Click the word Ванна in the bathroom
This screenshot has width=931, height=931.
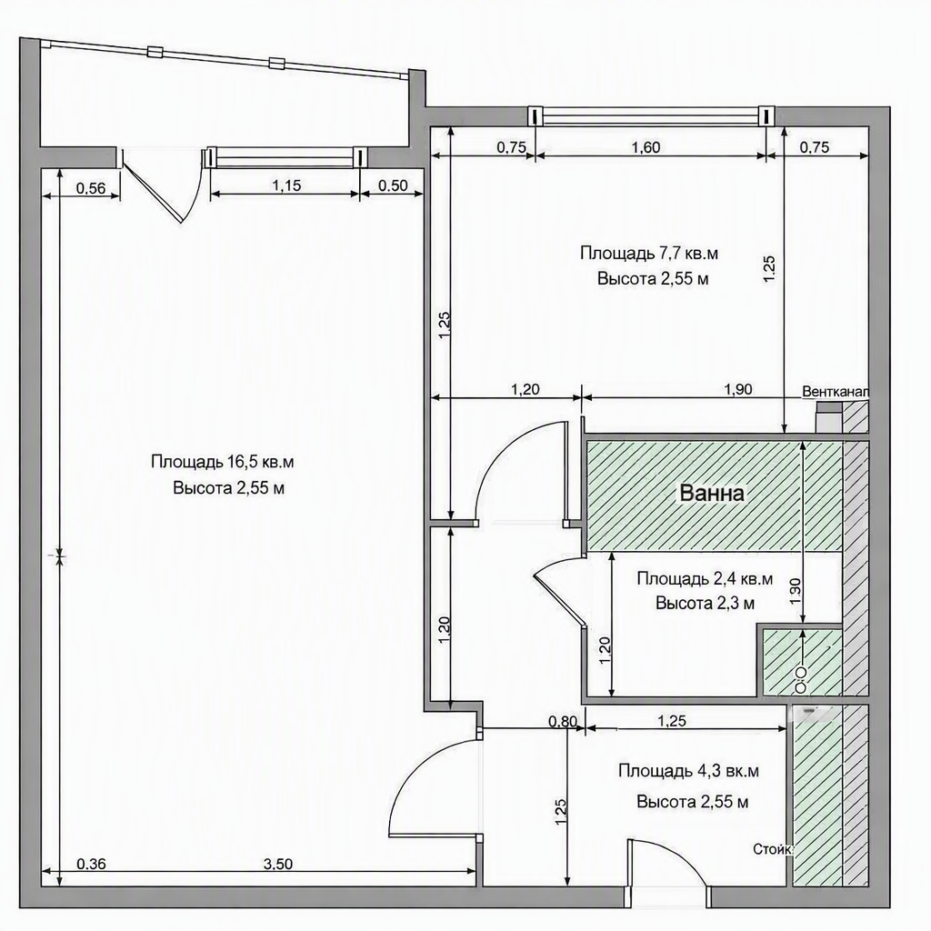[x=711, y=494]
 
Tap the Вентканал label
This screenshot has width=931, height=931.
[x=836, y=393]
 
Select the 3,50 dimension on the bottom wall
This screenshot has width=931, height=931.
[x=278, y=864]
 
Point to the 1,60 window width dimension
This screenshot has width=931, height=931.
[x=646, y=146]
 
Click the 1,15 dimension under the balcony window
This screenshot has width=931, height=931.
[x=286, y=185]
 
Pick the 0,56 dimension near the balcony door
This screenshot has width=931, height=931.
[x=91, y=188]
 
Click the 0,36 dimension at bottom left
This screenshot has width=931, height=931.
[x=92, y=864]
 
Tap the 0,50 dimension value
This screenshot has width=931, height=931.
[x=393, y=185]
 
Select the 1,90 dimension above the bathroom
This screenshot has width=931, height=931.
[x=738, y=389]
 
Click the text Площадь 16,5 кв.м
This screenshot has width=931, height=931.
[x=223, y=461]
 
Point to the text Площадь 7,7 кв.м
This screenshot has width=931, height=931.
[x=649, y=254]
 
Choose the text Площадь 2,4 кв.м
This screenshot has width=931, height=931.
[x=705, y=578]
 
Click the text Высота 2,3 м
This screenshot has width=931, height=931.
[x=705, y=604]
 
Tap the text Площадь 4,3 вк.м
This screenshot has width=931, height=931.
[x=689, y=771]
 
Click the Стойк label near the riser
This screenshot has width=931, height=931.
[x=773, y=850]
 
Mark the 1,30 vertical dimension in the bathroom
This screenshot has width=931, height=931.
[x=796, y=591]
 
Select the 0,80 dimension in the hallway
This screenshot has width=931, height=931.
[x=563, y=721]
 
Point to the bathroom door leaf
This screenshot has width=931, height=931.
[x=560, y=594]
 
